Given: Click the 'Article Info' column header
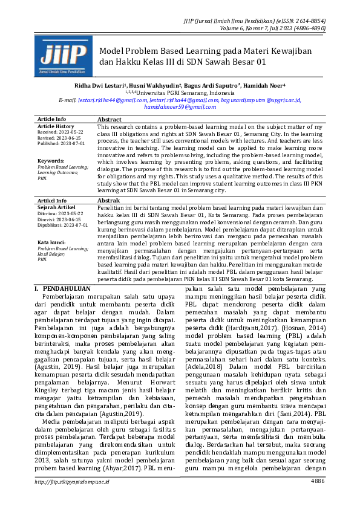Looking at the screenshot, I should coord(52,120).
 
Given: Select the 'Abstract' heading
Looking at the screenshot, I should coord(110,120).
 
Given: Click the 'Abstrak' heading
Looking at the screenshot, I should coord(109,200).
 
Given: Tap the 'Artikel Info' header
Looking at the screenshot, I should coord(52,200).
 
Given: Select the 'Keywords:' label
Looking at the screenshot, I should coord(51,161).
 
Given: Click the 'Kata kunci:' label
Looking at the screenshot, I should coord(52,242).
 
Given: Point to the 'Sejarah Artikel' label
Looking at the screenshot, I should coord(56,207).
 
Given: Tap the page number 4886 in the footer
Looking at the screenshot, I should coord(318,498).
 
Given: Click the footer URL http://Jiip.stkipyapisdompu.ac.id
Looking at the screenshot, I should coord(72,498).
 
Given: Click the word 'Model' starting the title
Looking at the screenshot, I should coord(111,51).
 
